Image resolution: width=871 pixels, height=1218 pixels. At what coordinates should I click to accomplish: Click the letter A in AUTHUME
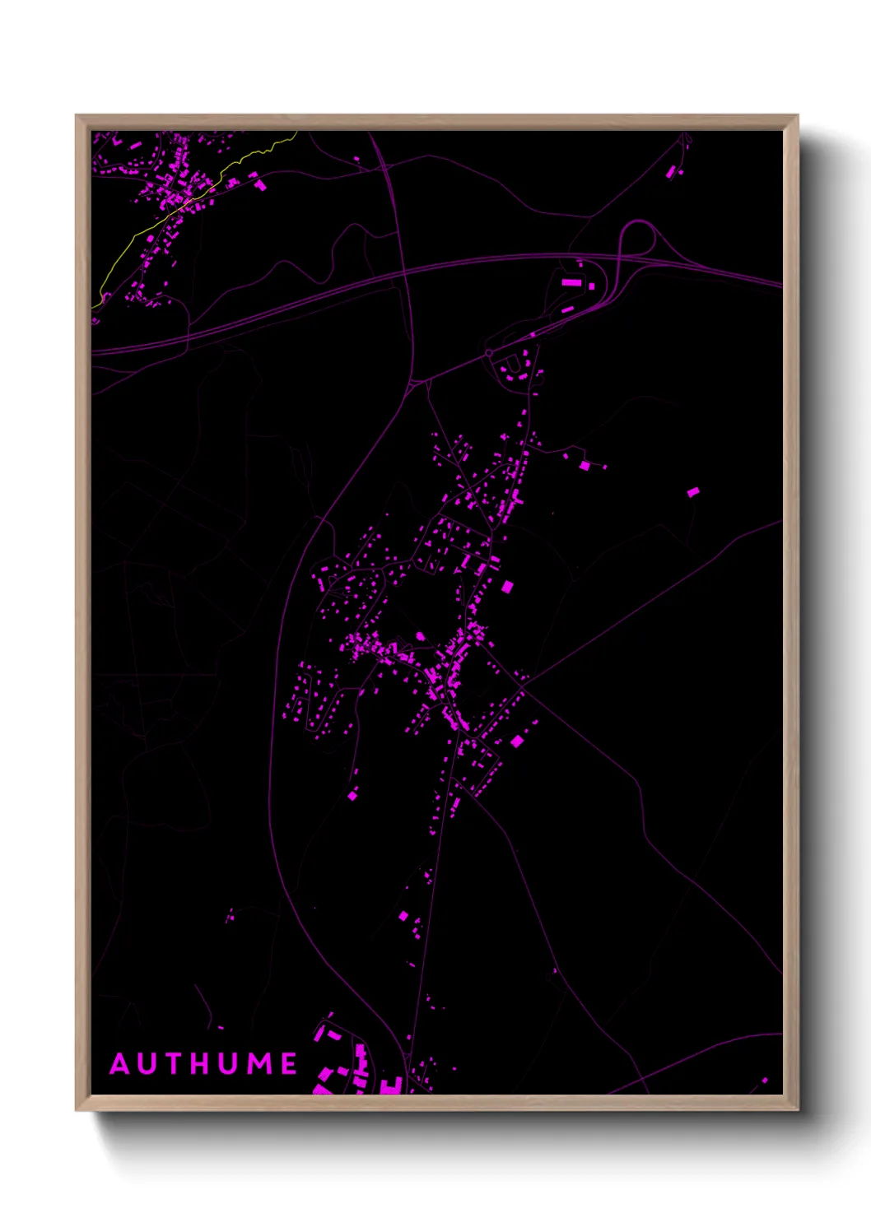[120, 1064]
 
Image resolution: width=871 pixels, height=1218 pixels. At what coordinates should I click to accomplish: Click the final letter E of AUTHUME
[290, 1064]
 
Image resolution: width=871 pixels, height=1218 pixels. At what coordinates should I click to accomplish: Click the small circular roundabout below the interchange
[488, 353]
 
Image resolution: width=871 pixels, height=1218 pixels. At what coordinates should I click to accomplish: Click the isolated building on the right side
[693, 492]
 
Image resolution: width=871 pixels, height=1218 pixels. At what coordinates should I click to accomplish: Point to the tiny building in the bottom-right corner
[764, 1081]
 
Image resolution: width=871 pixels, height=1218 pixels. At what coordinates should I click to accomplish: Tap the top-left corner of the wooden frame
[77, 116]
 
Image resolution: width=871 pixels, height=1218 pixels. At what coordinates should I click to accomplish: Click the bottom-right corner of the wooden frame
[797, 1109]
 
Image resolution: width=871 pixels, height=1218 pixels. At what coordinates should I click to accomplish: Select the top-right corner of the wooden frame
[797, 116]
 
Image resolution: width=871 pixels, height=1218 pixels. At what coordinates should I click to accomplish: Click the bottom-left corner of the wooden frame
[77, 1109]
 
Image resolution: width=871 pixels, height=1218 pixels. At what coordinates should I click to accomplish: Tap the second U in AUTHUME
[231, 1064]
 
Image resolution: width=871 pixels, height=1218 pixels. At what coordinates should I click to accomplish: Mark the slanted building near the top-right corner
[671, 172]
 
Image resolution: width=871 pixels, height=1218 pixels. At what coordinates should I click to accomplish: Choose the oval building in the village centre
[421, 636]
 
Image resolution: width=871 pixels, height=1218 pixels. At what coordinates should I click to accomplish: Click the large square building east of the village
[507, 587]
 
